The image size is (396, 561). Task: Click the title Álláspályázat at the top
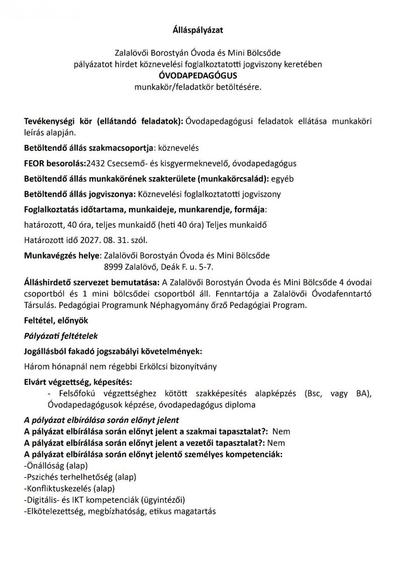pyautogui.click(x=198, y=30)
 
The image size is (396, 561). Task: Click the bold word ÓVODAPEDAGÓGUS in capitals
pyautogui.click(x=198, y=75)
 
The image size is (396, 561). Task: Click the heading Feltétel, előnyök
pyautogui.click(x=56, y=321)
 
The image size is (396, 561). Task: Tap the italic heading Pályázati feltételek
pyautogui.click(x=61, y=336)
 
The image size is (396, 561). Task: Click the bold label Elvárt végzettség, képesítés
pyautogui.click(x=78, y=382)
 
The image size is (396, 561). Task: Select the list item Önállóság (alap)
pyautogui.click(x=56, y=466)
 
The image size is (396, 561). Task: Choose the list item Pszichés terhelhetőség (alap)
pyautogui.click(x=80, y=477)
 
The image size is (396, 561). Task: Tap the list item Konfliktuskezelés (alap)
pyautogui.click(x=69, y=489)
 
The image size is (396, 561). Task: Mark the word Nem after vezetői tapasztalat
pyautogui.click(x=277, y=443)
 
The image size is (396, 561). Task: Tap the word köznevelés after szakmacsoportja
pyautogui.click(x=178, y=148)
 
